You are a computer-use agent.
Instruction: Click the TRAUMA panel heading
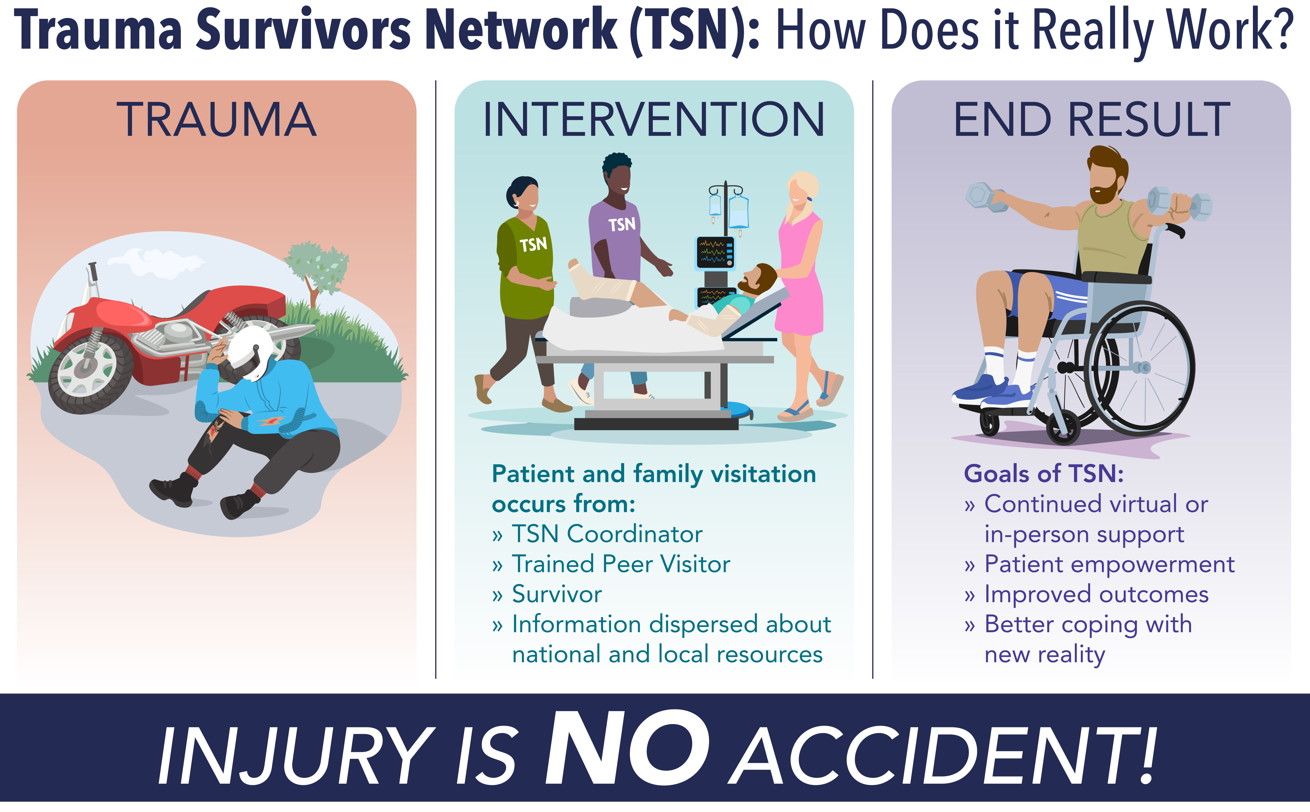click(216, 119)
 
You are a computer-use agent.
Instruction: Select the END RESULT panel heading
click(1091, 119)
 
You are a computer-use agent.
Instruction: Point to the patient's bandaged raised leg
click(601, 285)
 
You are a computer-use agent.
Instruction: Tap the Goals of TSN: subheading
click(1044, 474)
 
